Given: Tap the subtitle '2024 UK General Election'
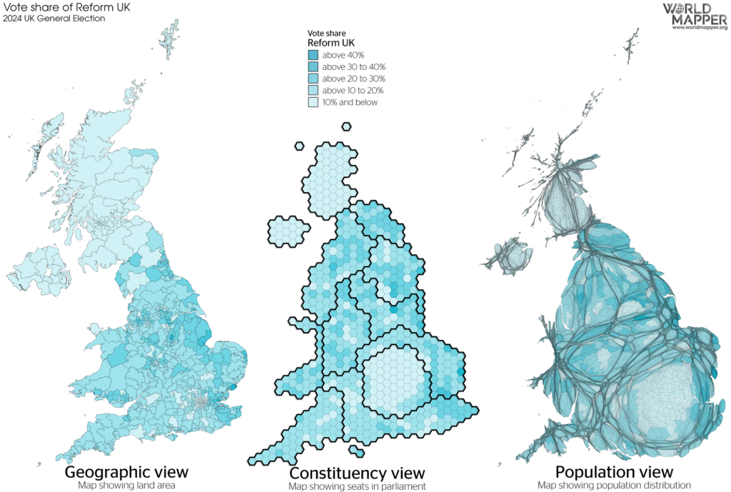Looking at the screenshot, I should coord(54,19).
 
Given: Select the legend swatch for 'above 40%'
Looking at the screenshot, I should coord(313,54).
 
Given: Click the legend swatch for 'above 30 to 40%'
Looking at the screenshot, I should coord(313,66).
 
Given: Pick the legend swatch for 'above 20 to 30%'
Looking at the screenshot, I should coord(313,79).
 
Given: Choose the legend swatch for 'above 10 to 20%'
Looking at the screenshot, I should coord(313,91).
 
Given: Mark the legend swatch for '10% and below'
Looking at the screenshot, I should coord(313,103).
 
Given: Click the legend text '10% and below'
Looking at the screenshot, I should coord(350,103).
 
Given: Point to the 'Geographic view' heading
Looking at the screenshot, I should coord(126,472).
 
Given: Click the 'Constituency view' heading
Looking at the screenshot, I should coord(357,473).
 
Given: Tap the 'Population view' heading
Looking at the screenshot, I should coord(613,472).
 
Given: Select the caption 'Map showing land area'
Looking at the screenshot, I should coord(126,486).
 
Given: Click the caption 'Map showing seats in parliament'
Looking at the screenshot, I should coord(357,486).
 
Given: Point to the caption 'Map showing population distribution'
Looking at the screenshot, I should coord(614,486).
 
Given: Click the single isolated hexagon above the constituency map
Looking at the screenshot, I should coord(346,127).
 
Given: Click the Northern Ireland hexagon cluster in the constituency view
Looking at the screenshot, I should coord(287,231).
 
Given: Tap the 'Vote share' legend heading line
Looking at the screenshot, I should coord(321,34).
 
